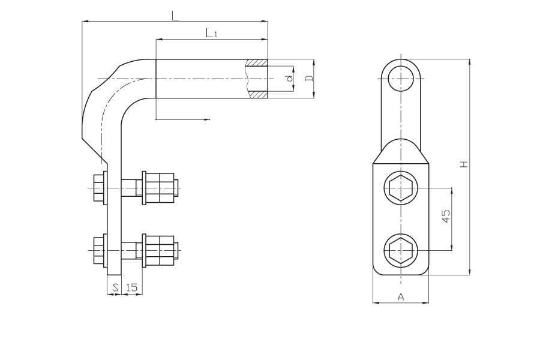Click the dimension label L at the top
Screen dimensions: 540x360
coord(175,16)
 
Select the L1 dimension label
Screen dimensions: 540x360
coord(211,33)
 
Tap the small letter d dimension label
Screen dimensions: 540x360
coord(290,78)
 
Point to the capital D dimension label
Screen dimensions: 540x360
coord(310,78)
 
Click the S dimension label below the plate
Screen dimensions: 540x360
coord(116,287)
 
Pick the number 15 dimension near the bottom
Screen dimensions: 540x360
coord(131,287)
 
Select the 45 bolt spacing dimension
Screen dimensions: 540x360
coord(446,216)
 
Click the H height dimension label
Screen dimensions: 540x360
coord(464,164)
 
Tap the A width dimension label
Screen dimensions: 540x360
coord(401,296)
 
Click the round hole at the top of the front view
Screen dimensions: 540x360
coord(401,79)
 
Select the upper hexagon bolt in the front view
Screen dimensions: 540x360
coord(401,188)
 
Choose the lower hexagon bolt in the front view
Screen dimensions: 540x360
coord(401,250)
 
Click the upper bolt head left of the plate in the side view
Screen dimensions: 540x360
coord(99,188)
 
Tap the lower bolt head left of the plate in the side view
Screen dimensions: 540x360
coord(99,250)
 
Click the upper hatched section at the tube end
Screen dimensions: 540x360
coord(257,62)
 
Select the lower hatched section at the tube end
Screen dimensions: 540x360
coord(258,95)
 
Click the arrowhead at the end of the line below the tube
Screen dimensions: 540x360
coord(208,119)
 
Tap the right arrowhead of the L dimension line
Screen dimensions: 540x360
coord(265,22)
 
